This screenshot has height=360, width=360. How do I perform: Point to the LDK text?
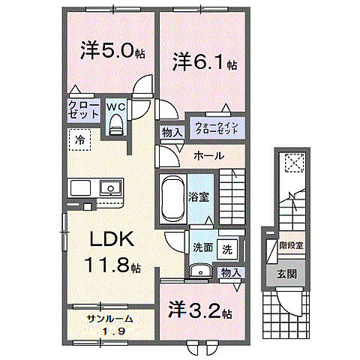112,239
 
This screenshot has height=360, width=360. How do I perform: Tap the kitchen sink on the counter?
110,187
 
